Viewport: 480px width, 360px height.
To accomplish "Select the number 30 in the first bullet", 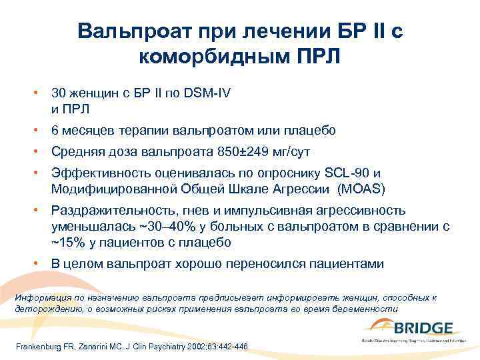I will click(x=59, y=93).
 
